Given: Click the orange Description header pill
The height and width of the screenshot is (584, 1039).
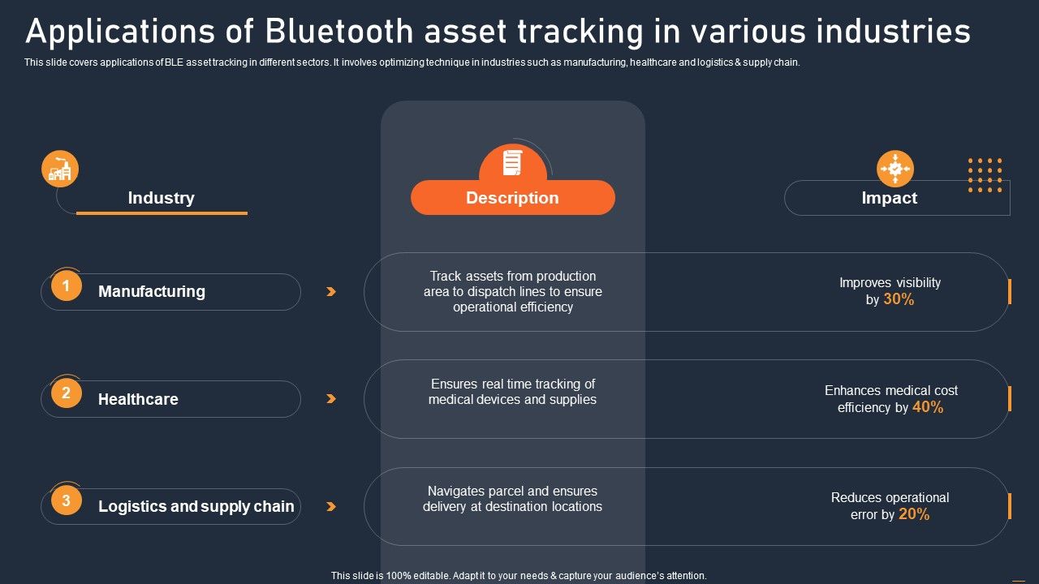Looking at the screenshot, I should [512, 198].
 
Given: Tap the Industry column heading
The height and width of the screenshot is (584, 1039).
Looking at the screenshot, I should [161, 198].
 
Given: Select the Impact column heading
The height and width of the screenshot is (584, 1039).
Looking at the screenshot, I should [889, 198].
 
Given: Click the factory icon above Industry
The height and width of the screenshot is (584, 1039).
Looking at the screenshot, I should [60, 169].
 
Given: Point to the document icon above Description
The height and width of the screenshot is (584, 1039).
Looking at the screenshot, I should [512, 162].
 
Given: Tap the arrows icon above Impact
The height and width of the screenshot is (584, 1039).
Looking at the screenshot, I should [895, 169].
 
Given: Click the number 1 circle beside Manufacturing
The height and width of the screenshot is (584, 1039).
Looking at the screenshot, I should [67, 286].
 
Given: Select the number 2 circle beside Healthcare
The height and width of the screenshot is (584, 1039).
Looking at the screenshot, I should [67, 393].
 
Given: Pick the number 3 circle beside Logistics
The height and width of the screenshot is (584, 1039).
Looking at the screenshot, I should [67, 500].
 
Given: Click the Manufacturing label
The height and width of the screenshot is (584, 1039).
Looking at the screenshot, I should [152, 291].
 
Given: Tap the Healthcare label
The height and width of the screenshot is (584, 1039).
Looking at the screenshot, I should [138, 399].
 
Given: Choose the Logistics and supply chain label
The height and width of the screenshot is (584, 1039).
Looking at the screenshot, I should [196, 506].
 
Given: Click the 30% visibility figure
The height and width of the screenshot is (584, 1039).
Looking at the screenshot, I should [899, 299].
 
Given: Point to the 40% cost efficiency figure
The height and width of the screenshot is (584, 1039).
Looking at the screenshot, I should [928, 407].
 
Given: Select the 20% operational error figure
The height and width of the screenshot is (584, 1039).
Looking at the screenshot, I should [914, 514].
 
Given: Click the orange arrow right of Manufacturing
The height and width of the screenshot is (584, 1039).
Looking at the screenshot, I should [330, 291].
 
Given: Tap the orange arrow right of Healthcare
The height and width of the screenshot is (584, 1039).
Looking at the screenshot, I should [330, 399].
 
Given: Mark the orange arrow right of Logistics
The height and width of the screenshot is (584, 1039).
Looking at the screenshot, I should [330, 506].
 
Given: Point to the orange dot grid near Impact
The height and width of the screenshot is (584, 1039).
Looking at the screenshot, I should [985, 175].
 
